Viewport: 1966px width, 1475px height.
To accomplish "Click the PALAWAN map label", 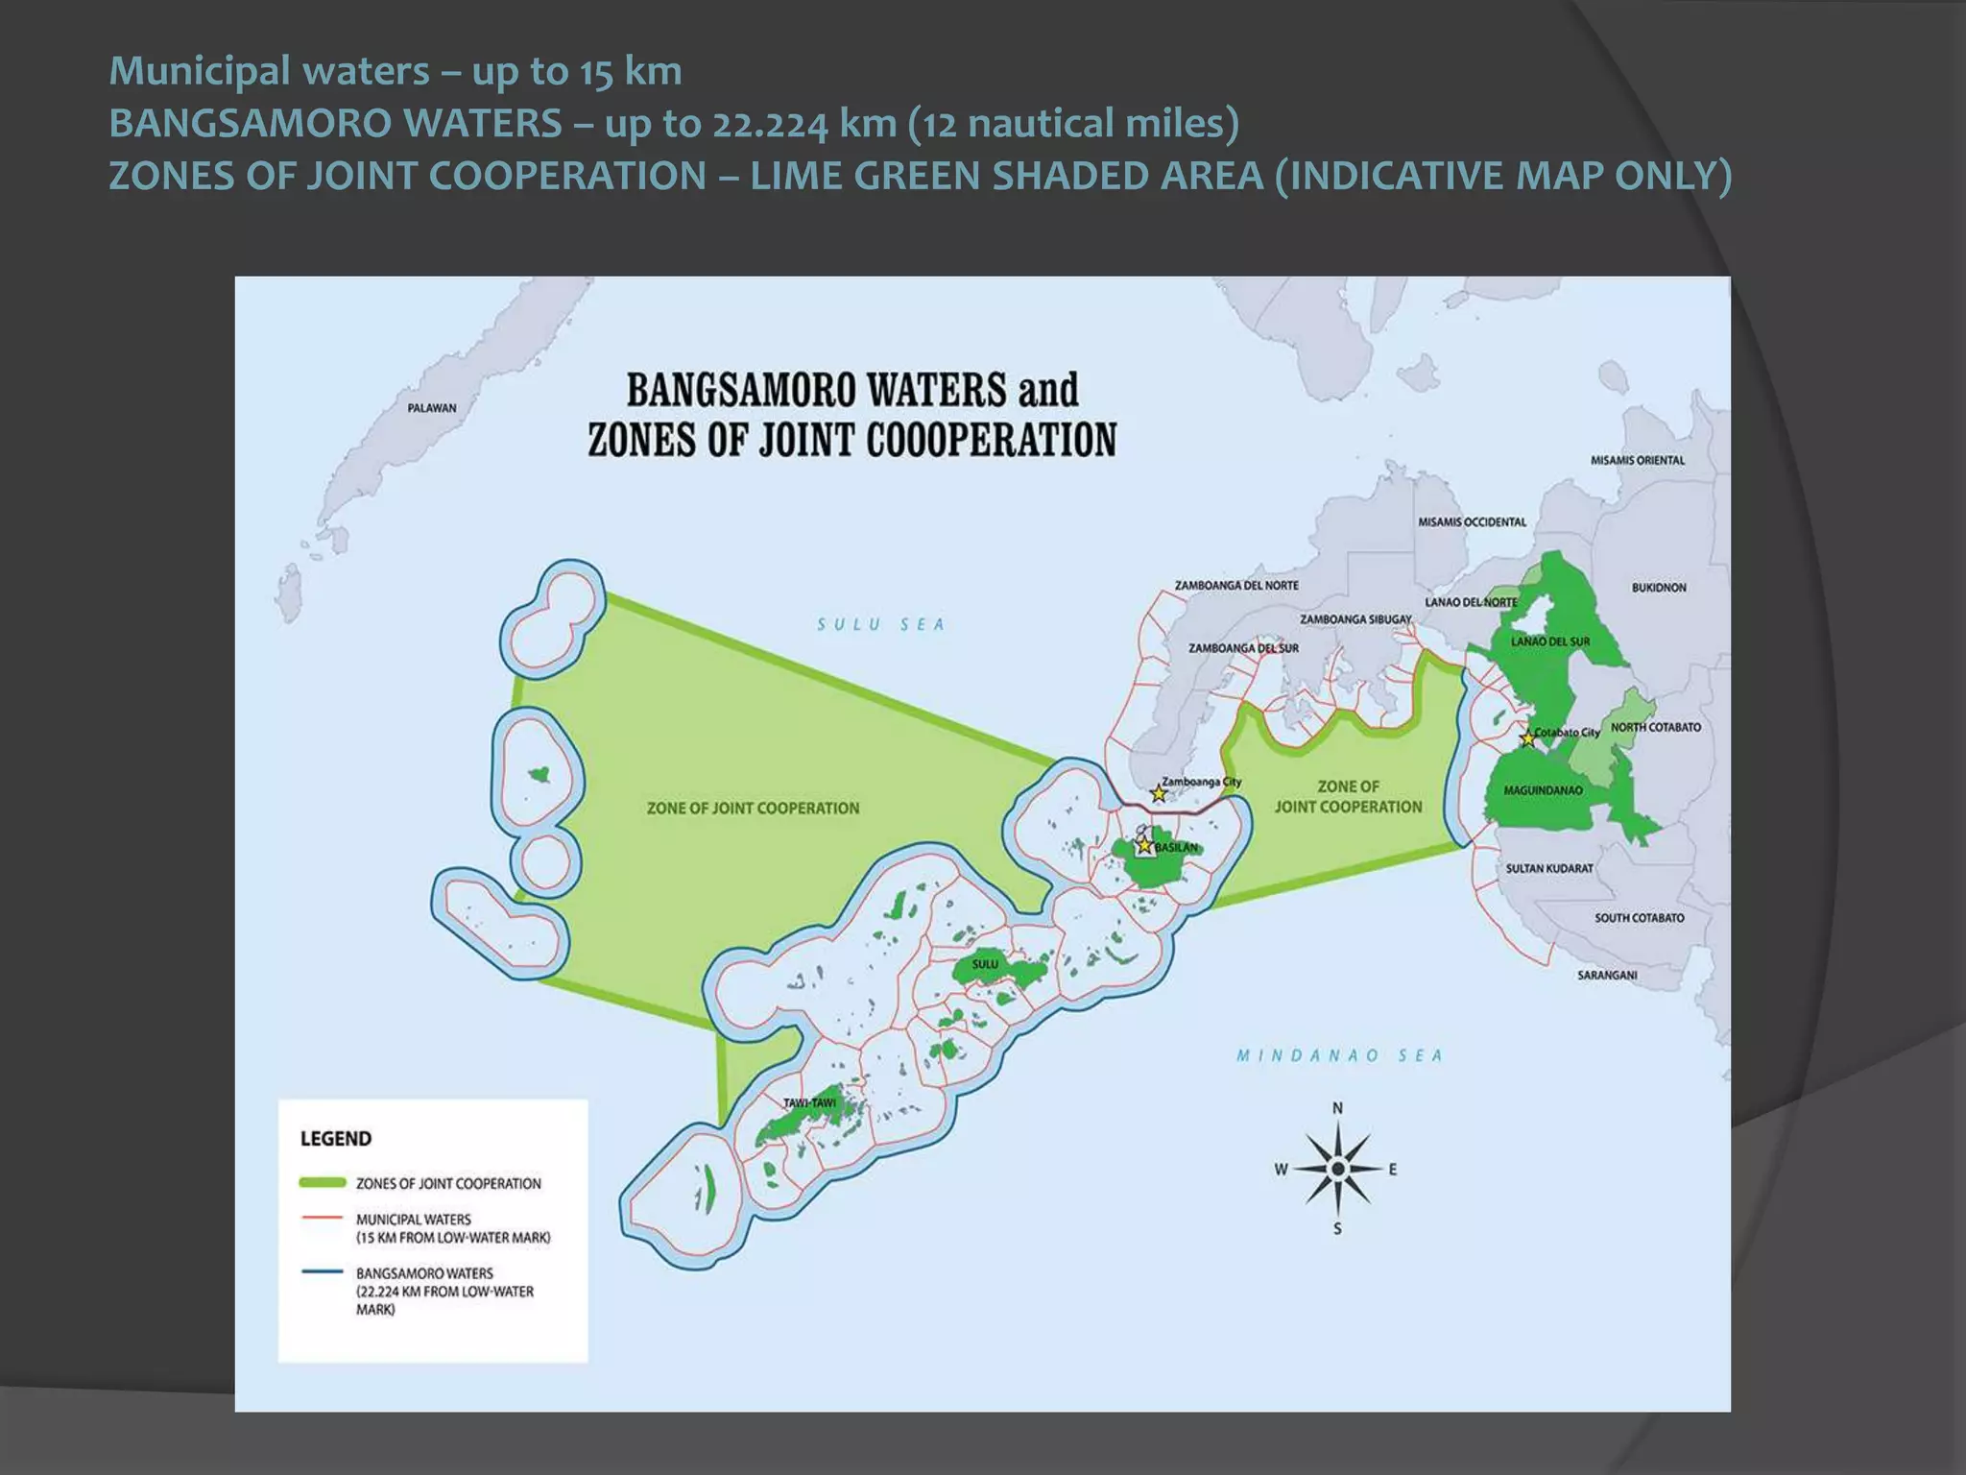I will [431, 408].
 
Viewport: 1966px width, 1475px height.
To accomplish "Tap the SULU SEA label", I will [880, 624].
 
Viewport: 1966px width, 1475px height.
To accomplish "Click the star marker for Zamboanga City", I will [1159, 793].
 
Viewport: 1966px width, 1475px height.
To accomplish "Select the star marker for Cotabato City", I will [1527, 738].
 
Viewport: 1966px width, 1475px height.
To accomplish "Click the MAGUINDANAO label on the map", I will [1543, 790].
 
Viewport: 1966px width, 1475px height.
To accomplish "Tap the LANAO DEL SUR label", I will [1550, 641].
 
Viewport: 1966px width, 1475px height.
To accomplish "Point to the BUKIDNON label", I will [1658, 587].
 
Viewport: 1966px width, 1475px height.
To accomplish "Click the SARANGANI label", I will [1606, 975].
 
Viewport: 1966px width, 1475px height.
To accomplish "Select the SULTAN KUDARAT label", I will [1548, 868].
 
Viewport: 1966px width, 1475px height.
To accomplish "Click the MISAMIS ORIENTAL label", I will [1637, 460].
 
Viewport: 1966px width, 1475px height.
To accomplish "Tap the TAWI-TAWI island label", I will [809, 1102].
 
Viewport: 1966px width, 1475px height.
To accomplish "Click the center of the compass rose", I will [1337, 1169].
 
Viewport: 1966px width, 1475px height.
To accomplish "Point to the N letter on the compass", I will [1337, 1108].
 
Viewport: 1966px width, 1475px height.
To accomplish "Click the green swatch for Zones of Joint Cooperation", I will [323, 1182].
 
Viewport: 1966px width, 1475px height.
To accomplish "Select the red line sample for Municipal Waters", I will [323, 1218].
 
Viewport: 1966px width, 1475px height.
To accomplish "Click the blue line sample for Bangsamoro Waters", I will [323, 1272].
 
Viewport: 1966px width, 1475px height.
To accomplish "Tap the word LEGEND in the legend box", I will [335, 1139].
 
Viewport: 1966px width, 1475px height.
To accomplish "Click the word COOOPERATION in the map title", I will [991, 440].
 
